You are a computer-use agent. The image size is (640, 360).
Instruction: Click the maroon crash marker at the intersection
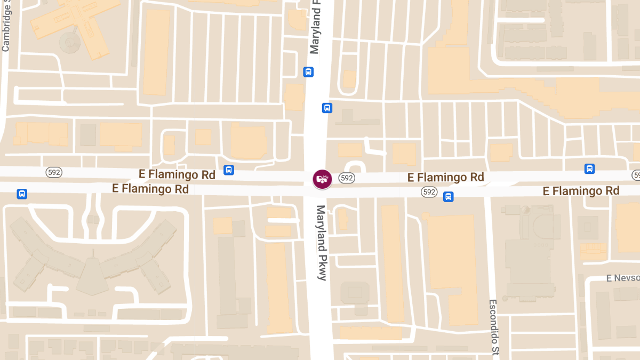coord(322,179)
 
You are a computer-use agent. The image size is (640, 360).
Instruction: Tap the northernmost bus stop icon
coord(308,72)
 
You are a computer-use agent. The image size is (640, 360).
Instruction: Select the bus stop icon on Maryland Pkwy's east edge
coord(327,108)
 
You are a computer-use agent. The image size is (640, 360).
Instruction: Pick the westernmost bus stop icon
coord(22,194)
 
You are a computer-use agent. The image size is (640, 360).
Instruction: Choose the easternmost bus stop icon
coord(589,169)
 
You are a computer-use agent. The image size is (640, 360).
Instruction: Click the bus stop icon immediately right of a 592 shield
coord(449,197)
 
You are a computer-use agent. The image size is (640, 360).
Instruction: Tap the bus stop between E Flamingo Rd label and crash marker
coord(229,170)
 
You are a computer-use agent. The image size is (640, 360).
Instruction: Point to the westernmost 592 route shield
coord(54,172)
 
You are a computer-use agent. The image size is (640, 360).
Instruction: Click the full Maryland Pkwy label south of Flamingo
coord(321,243)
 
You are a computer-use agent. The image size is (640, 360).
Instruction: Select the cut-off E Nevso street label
coord(622,278)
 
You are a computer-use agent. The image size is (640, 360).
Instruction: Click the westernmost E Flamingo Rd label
coord(150,189)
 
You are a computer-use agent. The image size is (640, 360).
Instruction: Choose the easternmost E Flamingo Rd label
coord(581,191)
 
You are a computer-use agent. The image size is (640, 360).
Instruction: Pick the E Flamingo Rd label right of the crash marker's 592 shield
coord(445,177)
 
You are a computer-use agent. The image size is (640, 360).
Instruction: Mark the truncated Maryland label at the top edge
coord(315,27)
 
